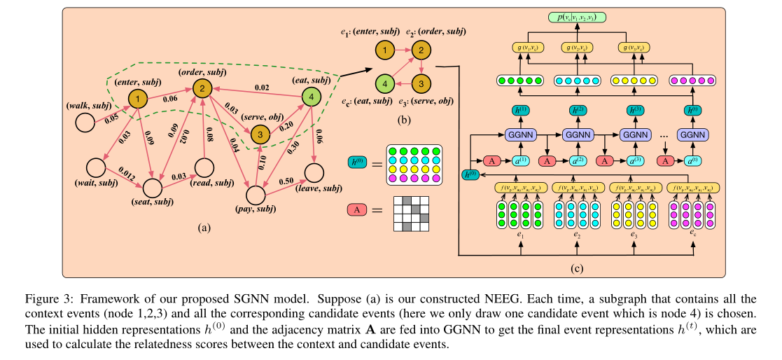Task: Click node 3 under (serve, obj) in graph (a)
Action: click(259, 132)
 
